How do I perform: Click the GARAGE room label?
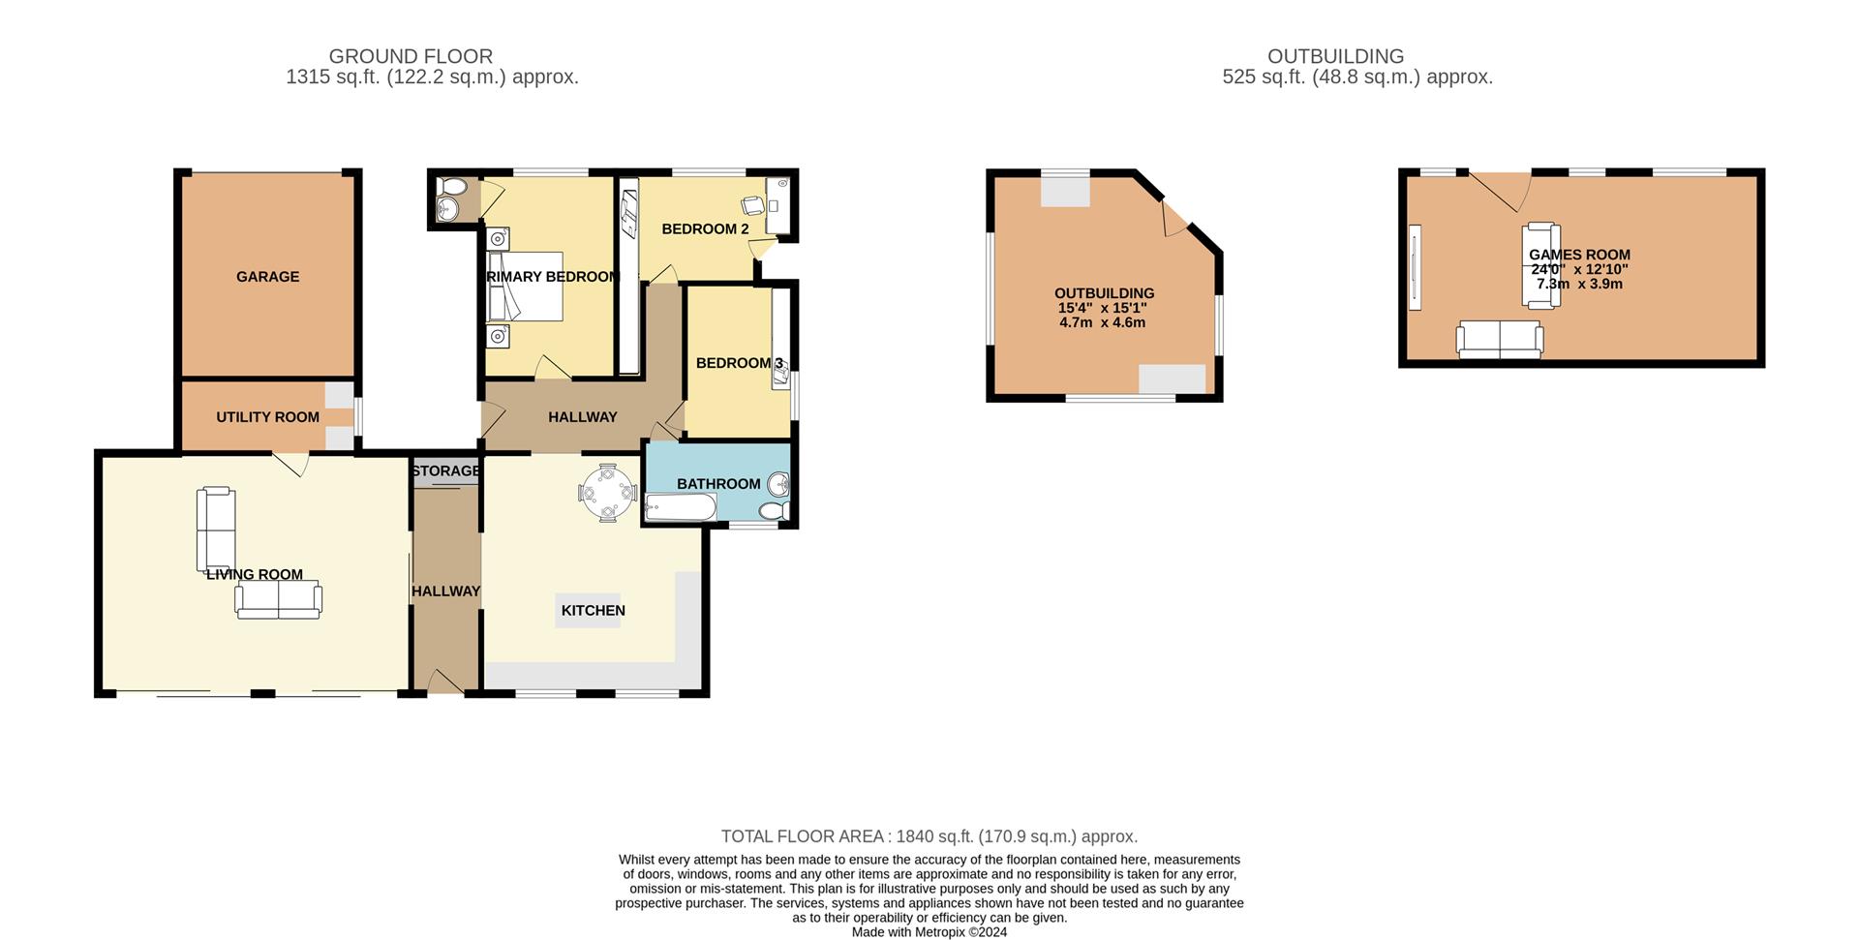[x=267, y=277]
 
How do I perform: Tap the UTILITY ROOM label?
[x=267, y=417]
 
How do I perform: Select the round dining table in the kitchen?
[x=607, y=492]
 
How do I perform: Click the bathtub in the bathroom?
[x=680, y=507]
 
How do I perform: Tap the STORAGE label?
[x=444, y=471]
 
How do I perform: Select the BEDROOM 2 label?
[x=705, y=229]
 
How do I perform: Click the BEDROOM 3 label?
[x=739, y=363]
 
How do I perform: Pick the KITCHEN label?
[x=593, y=611]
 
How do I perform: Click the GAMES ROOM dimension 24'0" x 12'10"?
[x=1579, y=269]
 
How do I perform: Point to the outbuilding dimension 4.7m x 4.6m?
[x=1103, y=322]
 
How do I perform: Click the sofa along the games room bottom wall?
[x=1500, y=340]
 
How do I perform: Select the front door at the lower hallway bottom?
[x=445, y=682]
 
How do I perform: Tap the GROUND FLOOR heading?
[x=411, y=57]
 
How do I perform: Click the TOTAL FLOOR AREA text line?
[x=929, y=836]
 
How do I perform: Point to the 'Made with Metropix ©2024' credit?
[x=929, y=932]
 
